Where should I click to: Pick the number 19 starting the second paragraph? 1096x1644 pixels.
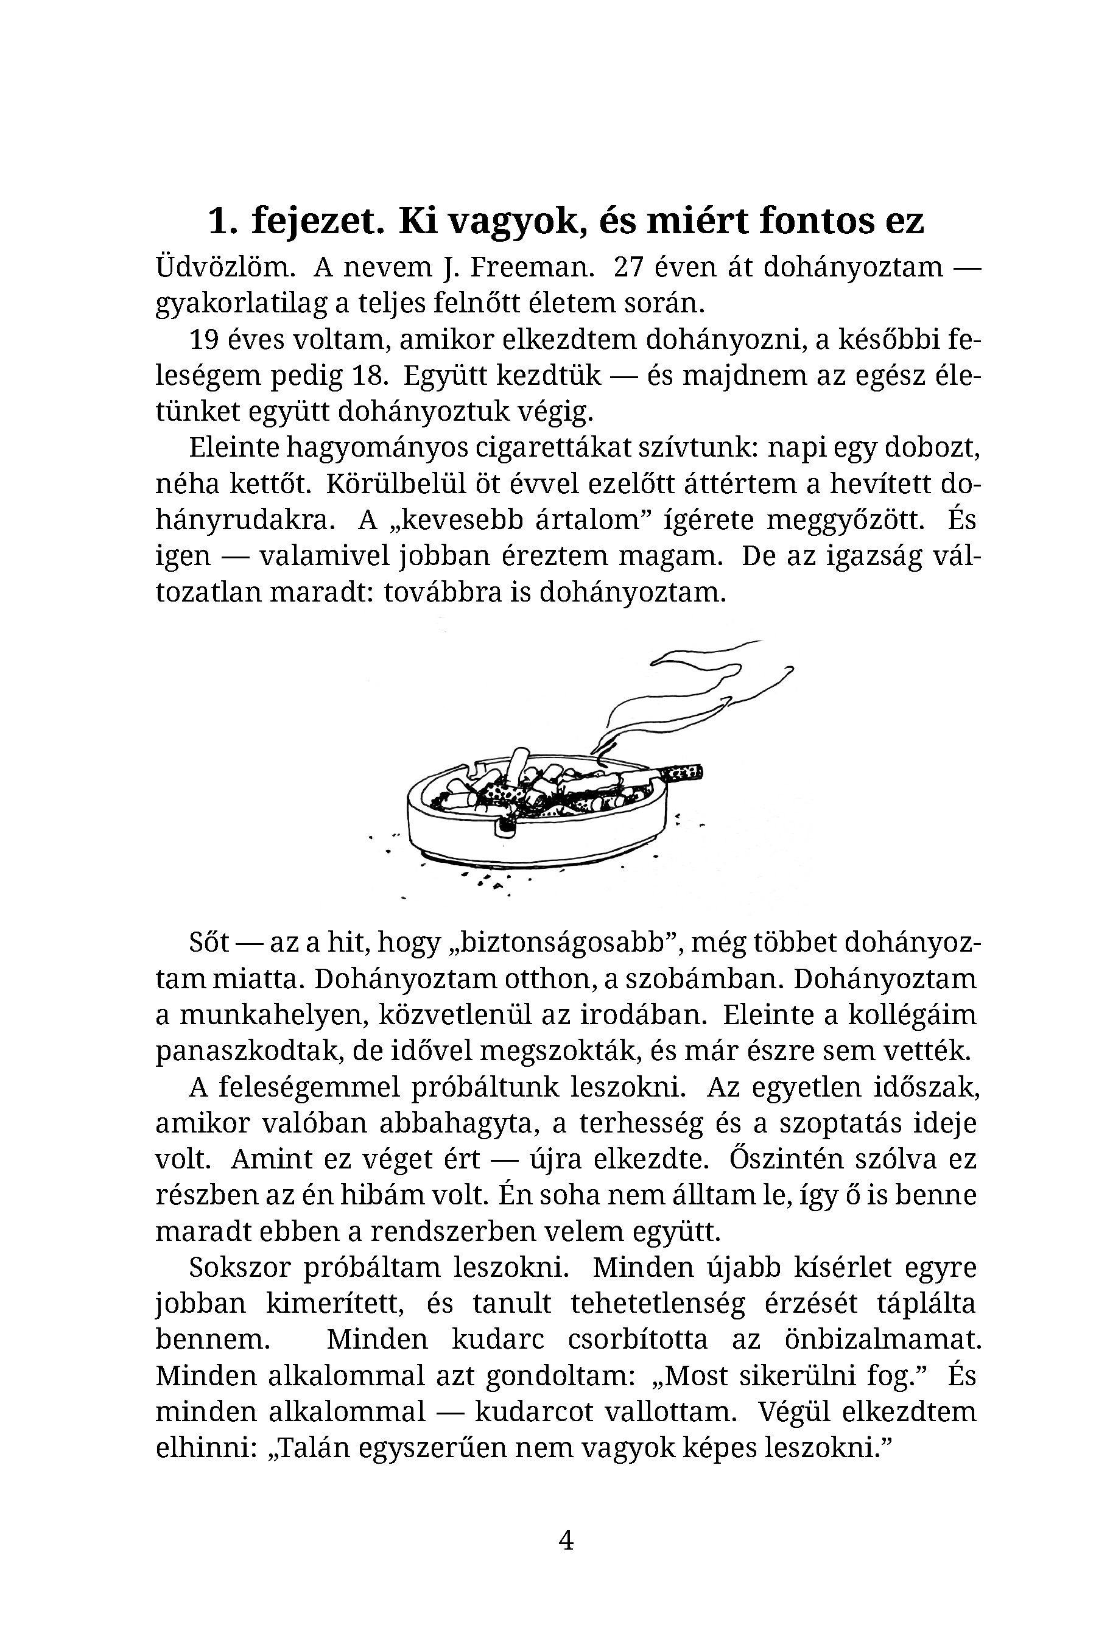click(204, 340)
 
